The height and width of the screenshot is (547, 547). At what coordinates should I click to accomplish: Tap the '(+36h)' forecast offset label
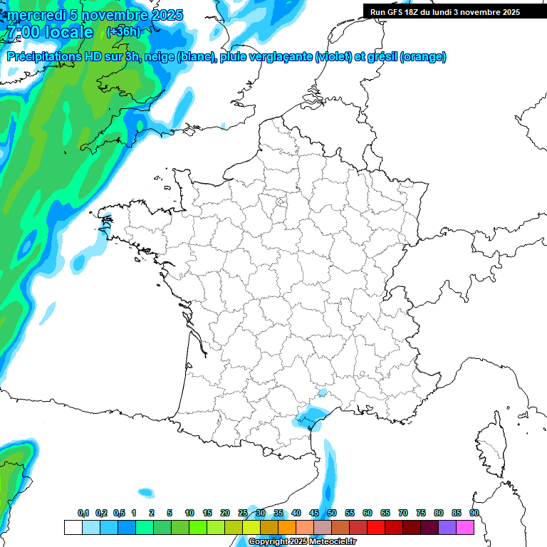tap(123, 32)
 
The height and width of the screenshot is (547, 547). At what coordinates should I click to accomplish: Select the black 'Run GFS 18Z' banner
tap(445, 12)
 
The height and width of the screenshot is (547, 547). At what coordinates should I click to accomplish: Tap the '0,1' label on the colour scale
tap(83, 513)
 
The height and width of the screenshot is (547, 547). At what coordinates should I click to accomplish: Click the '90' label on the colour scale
tap(474, 513)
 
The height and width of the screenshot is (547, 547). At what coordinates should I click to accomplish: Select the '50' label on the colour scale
tap(332, 513)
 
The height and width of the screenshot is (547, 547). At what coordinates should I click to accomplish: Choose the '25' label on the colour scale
tap(243, 513)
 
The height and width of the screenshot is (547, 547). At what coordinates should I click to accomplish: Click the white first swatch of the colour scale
tap(73, 527)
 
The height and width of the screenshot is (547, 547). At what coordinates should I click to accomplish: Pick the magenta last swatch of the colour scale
tap(465, 527)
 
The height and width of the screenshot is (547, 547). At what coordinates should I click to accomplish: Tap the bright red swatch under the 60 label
tap(375, 527)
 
